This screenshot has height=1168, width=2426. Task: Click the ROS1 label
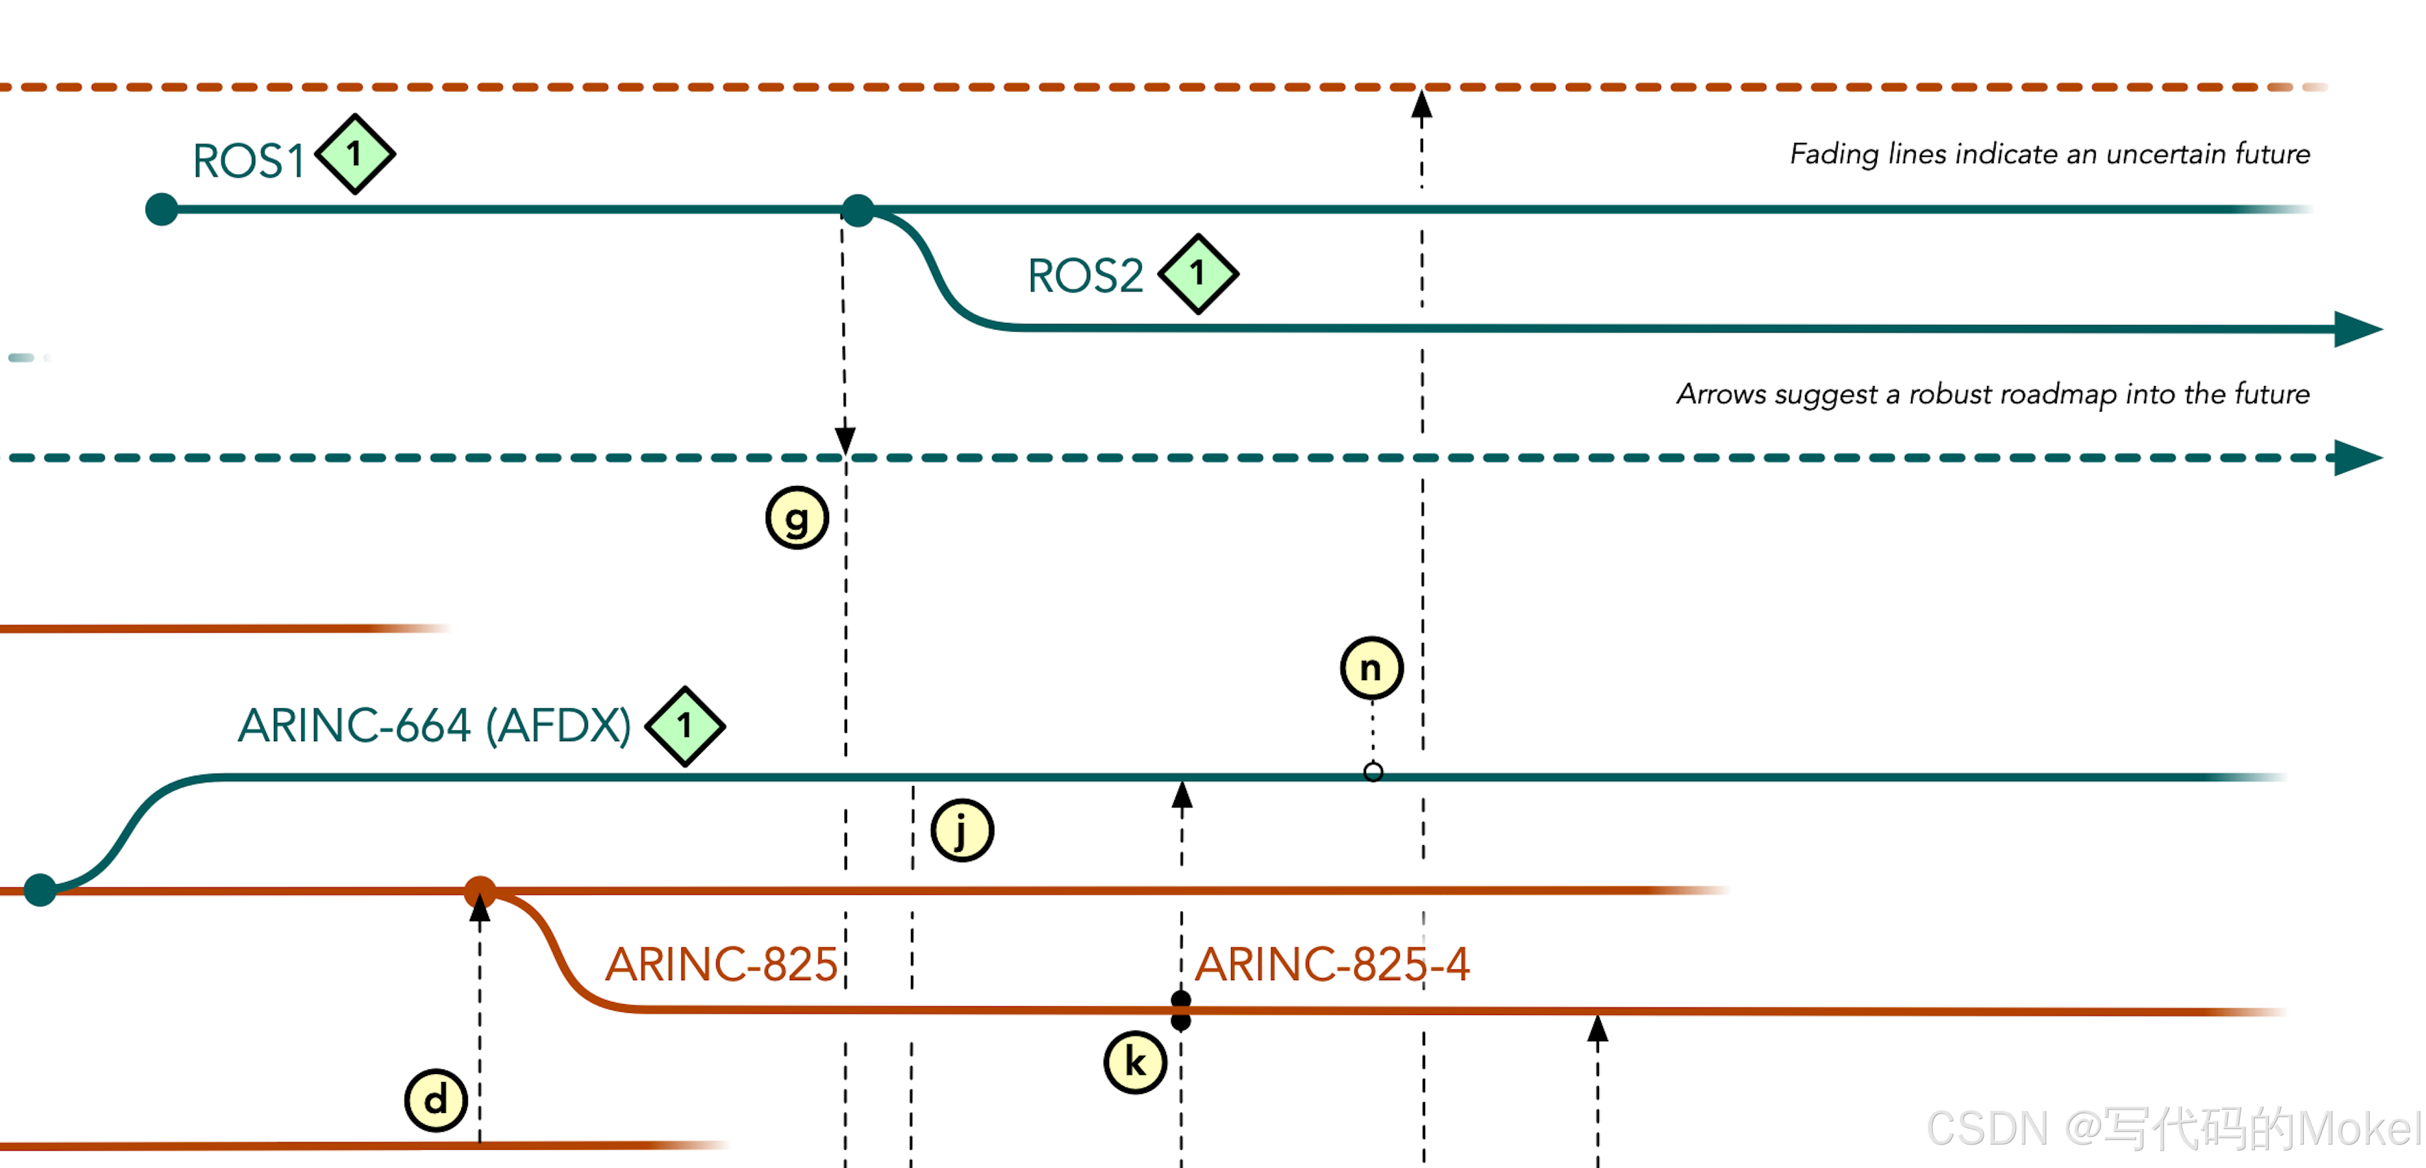point(248,161)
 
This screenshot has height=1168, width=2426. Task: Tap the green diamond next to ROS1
point(355,154)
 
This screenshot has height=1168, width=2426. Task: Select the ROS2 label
point(1085,276)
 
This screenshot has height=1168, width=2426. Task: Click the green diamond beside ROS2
point(1198,273)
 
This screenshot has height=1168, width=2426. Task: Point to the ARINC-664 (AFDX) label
point(434,725)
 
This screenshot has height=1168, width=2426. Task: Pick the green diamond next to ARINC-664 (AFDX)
point(685,725)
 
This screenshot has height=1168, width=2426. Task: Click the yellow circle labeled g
point(797,518)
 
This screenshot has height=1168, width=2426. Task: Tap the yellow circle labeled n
point(1371,669)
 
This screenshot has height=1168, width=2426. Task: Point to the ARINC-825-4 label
point(1332,965)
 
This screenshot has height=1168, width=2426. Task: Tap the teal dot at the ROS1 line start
point(162,209)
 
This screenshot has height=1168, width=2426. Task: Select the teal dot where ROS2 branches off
point(857,210)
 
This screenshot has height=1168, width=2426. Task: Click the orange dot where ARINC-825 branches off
point(481,891)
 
